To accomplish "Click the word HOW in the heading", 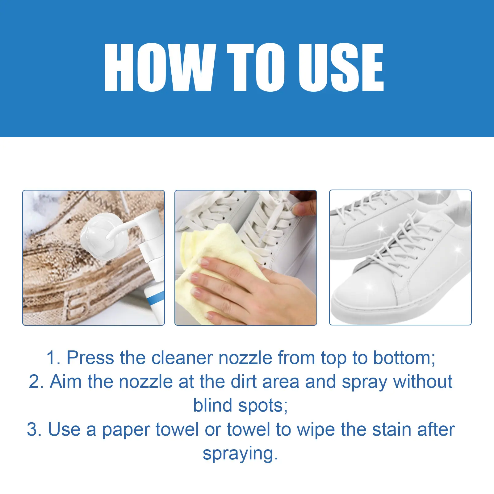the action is (x=160, y=67).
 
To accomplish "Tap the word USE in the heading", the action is (x=341, y=67).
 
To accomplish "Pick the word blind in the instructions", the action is (x=212, y=405).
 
